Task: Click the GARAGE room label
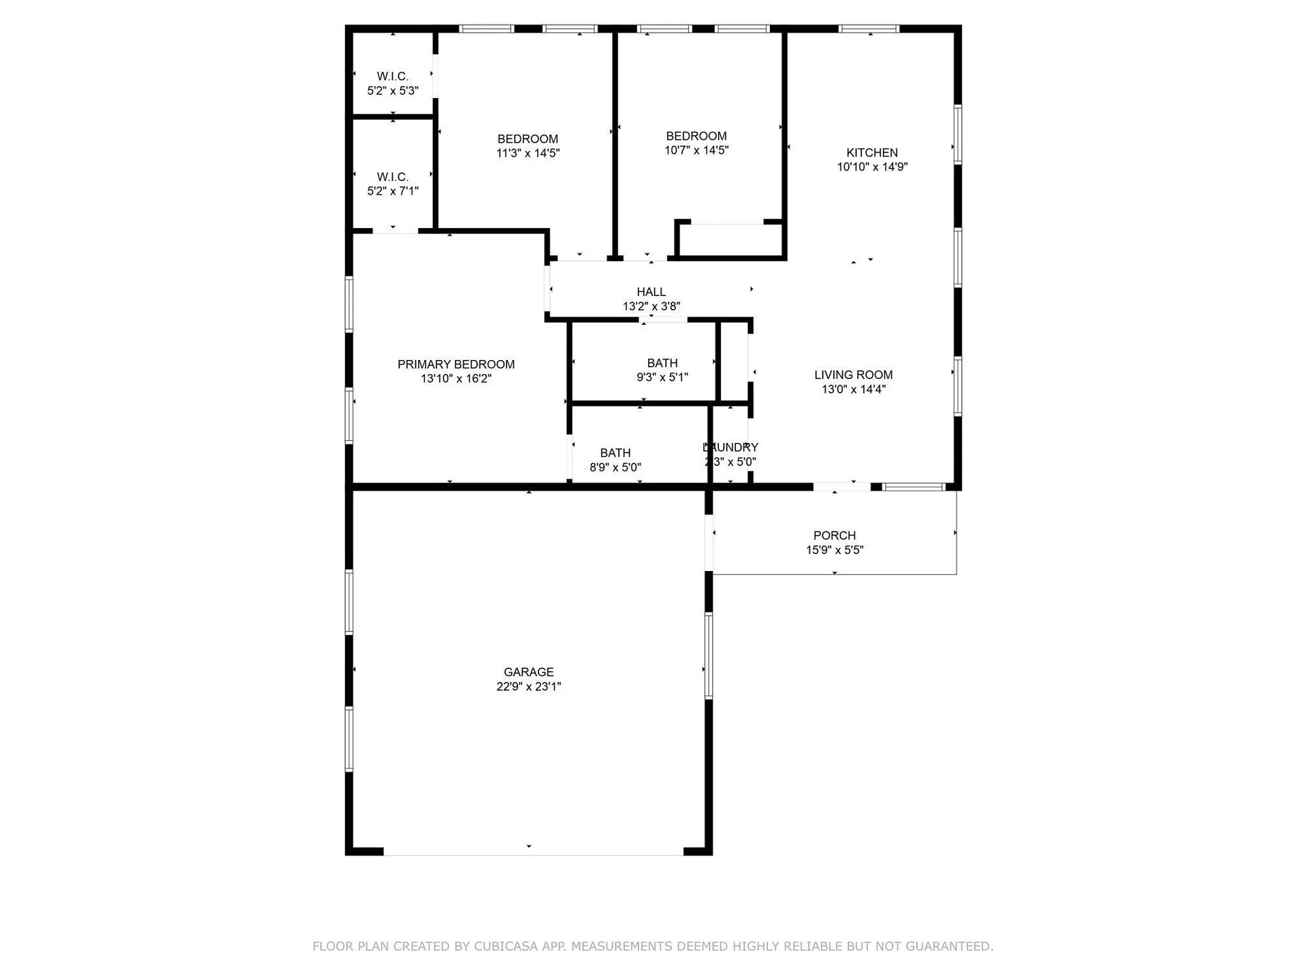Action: click(x=528, y=672)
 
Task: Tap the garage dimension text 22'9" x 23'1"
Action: click(x=528, y=687)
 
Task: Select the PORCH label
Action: click(x=834, y=536)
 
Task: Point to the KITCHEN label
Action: click(x=872, y=152)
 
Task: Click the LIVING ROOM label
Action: click(x=853, y=374)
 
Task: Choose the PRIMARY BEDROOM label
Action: click(x=456, y=364)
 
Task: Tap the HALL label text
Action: click(x=651, y=292)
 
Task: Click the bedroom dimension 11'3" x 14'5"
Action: click(x=528, y=153)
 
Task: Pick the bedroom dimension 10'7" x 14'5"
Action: click(x=696, y=150)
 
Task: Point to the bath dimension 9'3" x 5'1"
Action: click(x=662, y=377)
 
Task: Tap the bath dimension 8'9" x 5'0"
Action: click(x=615, y=468)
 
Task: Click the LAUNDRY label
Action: click(x=730, y=447)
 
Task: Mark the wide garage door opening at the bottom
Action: click(x=533, y=852)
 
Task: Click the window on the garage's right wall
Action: click(x=709, y=655)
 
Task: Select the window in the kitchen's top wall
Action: click(x=869, y=29)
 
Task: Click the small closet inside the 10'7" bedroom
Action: click(x=730, y=240)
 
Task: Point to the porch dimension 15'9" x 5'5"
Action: click(x=834, y=550)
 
